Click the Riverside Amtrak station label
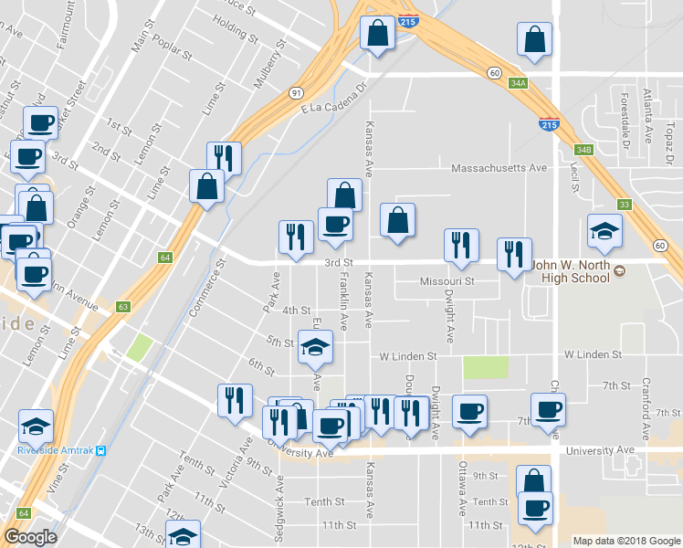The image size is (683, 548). coord(57,449)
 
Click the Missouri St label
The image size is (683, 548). coord(447,282)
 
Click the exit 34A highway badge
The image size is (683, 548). coord(519,83)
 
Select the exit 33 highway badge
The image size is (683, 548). coord(624,205)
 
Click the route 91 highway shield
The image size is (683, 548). coord(297,93)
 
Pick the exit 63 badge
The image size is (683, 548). coord(122,307)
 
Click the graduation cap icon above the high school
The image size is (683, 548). coord(604,231)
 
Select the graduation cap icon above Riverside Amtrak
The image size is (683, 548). coord(36,425)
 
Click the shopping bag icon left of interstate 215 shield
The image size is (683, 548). coord(376,34)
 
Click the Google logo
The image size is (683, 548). coord(30,537)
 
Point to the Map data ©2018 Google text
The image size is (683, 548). coord(625,541)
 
